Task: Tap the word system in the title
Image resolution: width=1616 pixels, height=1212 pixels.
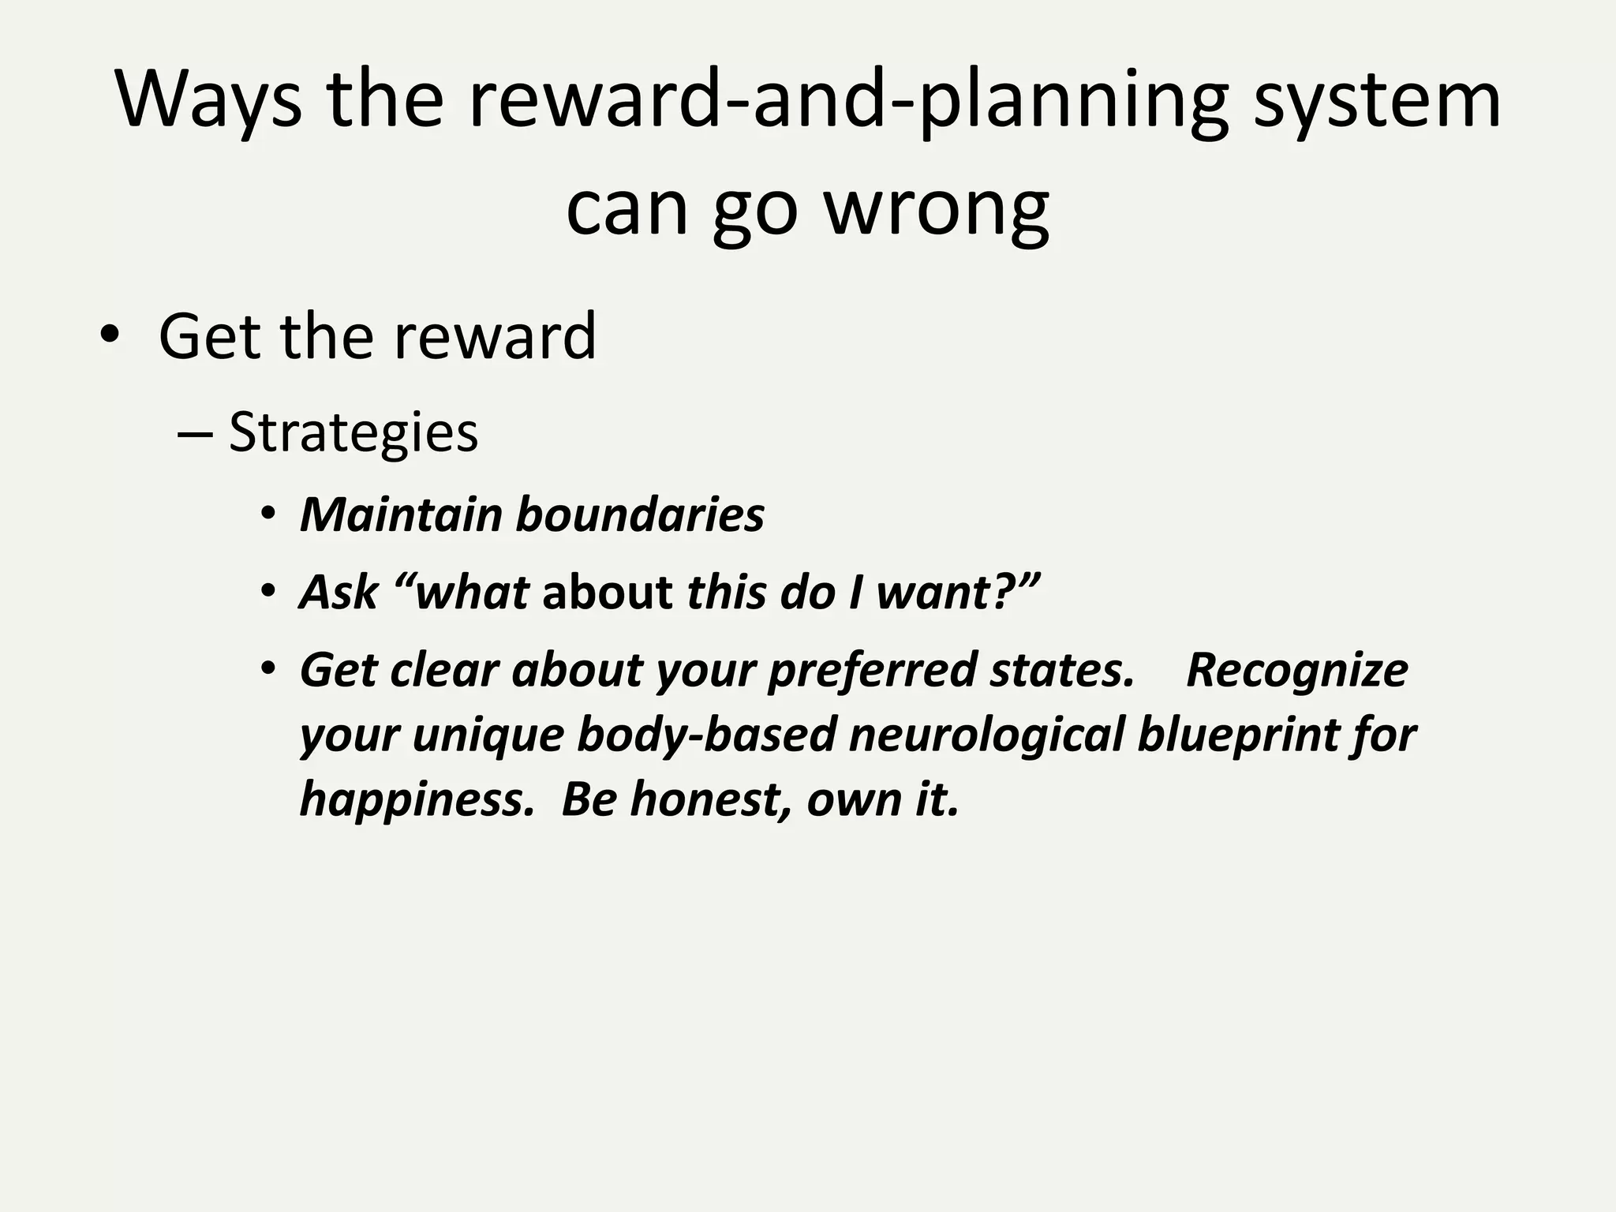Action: coord(1376,101)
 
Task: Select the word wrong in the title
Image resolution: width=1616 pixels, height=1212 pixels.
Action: coord(937,208)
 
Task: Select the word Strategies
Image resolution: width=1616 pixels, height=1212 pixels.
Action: coord(353,432)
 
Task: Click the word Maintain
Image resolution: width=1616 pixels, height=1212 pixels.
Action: coord(401,515)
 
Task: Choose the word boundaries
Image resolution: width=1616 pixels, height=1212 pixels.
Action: coord(640,515)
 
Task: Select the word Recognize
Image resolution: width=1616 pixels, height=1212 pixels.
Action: coord(1296,671)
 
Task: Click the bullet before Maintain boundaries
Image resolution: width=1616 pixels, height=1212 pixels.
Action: coord(268,515)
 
